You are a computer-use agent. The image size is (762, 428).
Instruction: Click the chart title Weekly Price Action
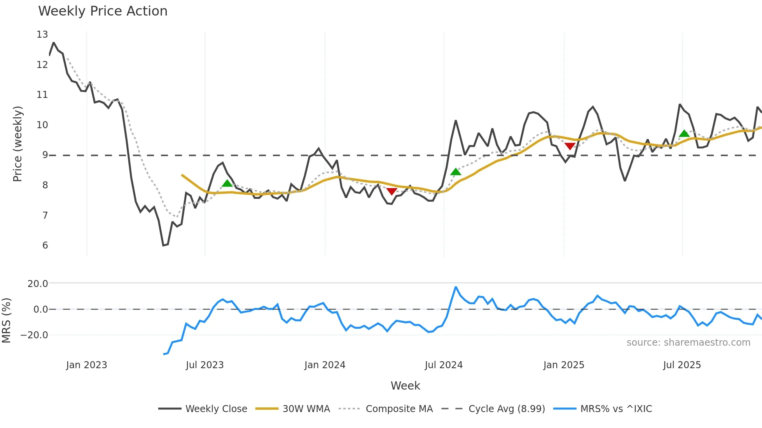click(103, 11)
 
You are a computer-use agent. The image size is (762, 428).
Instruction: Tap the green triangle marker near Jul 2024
click(456, 172)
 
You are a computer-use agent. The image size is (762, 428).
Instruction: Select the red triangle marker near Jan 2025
click(570, 146)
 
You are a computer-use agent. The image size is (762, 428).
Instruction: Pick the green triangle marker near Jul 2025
click(684, 133)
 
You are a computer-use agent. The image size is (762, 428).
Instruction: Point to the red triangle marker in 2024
click(391, 191)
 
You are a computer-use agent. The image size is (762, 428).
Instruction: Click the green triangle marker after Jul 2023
click(227, 183)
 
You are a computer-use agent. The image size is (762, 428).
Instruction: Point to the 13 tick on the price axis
click(42, 35)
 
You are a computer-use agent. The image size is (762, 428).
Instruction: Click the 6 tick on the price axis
click(45, 245)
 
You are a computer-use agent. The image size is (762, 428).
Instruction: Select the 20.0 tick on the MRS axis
click(38, 284)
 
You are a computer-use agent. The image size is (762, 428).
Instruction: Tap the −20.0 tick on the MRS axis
click(35, 335)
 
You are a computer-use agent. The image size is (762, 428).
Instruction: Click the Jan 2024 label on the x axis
click(325, 365)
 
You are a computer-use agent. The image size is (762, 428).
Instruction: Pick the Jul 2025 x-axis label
click(682, 365)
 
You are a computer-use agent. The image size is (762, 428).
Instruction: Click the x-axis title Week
click(405, 386)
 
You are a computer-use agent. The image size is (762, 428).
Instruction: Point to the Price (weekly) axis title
click(17, 144)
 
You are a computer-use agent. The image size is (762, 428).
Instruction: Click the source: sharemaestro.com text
click(688, 343)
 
